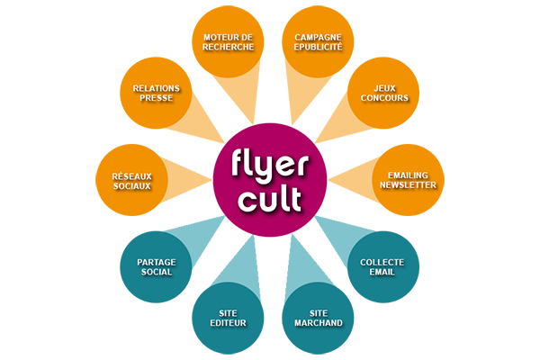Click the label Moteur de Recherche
pos(228,42)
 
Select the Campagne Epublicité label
pos(318,42)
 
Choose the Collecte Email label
pos(382,266)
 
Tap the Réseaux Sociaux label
pos(131,179)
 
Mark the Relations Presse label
pos(157,93)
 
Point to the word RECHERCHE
pos(228,48)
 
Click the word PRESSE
pos(157,98)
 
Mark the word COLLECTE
pos(382,261)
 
